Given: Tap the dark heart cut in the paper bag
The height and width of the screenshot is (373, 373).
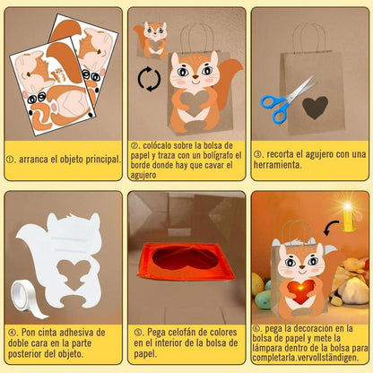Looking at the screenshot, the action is [x=315, y=107].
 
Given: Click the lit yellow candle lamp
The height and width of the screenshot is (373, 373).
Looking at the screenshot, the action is [x=349, y=217].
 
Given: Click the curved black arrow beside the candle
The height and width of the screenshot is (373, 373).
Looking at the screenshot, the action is [x=331, y=228].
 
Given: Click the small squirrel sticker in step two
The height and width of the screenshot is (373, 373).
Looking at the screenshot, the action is [x=152, y=39].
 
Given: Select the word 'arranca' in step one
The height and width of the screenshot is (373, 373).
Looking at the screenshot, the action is [x=33, y=159].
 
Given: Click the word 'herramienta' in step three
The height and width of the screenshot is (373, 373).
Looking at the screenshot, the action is [x=277, y=165].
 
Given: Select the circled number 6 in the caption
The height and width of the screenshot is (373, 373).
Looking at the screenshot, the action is [x=256, y=328].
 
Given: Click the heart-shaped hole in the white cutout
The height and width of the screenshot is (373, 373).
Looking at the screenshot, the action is [x=74, y=273].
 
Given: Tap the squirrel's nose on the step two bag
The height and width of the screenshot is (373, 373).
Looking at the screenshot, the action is [x=195, y=77].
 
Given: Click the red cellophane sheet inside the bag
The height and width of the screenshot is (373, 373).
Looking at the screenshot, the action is [x=186, y=261].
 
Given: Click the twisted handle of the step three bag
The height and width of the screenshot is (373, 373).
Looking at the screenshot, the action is [x=309, y=39].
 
